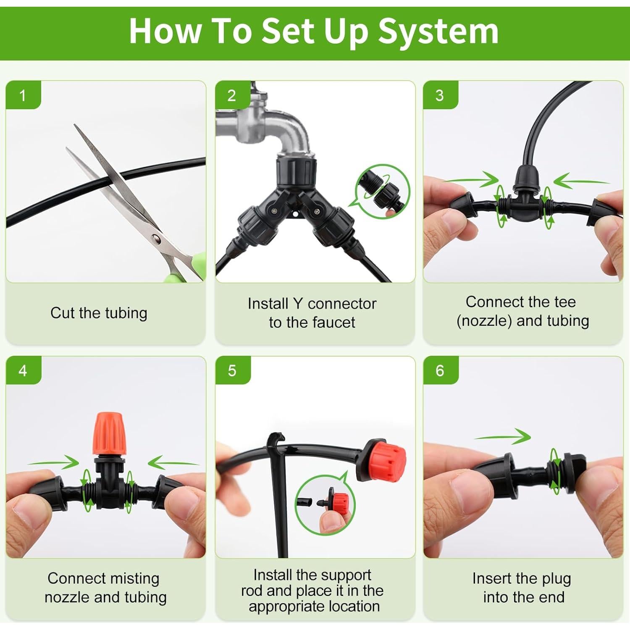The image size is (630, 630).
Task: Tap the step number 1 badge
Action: (23, 95)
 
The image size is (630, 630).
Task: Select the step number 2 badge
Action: (232, 95)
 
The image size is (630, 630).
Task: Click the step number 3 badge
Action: (440, 95)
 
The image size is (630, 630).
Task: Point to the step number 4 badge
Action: (23, 370)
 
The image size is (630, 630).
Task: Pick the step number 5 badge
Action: (232, 370)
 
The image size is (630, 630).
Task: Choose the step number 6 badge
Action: (440, 370)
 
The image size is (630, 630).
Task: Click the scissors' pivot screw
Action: (156, 239)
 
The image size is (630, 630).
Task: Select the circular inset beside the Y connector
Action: (383, 192)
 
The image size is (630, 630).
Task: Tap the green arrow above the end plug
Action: (502, 437)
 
